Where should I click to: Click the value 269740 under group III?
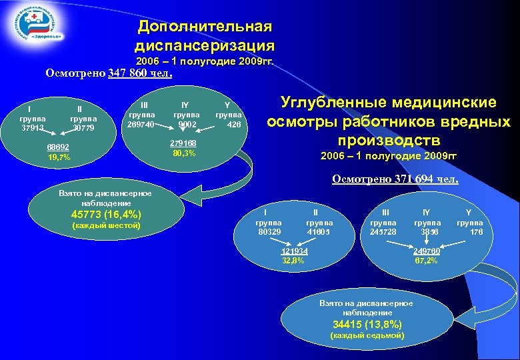pos(141,124)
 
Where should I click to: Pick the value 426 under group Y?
pos(233,124)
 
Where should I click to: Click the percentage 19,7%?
pos(58,158)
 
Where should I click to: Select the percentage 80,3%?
pos(183,153)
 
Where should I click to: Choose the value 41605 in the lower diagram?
pos(319,232)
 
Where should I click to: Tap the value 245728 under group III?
pos(383,232)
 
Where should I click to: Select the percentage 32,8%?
pos(293,261)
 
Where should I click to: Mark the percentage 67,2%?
pos(426,261)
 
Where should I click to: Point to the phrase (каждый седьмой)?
pos(367,335)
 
